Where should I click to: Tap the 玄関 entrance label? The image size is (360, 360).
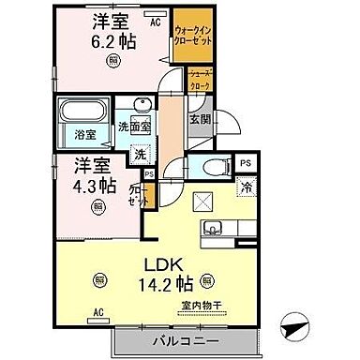coord(200,120)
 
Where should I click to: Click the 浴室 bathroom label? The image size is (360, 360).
coord(85,134)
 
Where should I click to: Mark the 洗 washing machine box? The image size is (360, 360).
coord(138,153)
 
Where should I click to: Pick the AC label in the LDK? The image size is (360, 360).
coord(97,312)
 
